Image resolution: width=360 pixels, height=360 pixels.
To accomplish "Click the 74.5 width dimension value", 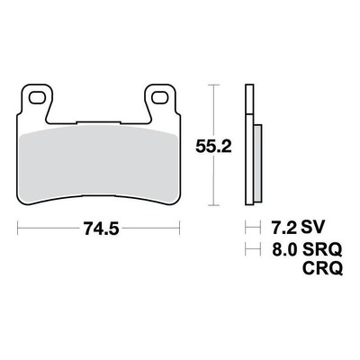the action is (102, 229).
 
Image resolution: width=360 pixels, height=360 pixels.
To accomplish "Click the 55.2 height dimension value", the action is (213, 147).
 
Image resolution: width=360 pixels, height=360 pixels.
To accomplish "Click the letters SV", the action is (312, 228).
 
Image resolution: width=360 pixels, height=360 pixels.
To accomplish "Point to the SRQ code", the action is (322, 250).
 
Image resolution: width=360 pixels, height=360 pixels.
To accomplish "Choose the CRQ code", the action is (322, 268).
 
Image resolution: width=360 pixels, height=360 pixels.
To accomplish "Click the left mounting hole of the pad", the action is (36, 97).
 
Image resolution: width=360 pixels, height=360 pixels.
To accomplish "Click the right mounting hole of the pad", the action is (159, 97).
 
